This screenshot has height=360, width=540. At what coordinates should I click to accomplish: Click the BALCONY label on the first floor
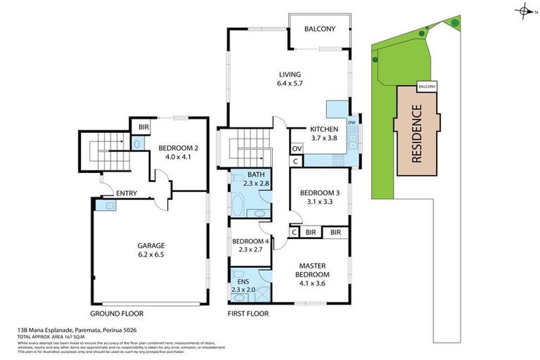point(320,29)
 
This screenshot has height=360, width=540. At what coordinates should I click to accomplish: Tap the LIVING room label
point(289,75)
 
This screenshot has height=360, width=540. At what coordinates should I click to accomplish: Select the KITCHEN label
point(324,129)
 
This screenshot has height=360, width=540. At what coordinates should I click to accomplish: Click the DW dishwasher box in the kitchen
point(352,122)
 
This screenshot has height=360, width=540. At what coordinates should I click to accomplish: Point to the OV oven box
point(296,148)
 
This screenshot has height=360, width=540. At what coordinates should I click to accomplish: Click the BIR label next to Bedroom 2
point(143,127)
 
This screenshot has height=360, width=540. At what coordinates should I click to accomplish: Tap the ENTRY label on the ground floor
point(127,193)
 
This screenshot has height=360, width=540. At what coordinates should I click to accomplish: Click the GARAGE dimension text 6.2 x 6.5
point(151,254)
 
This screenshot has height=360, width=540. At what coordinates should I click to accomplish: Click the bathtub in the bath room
point(238,208)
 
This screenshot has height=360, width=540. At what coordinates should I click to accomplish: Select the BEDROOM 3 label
point(320,193)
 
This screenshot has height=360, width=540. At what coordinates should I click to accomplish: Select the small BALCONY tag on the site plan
point(427,86)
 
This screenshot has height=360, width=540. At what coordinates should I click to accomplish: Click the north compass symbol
point(524,10)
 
